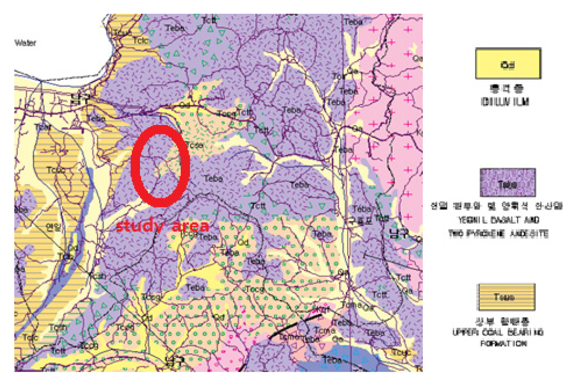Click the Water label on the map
click(25, 42)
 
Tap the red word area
click(188, 226)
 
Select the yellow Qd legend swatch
click(507, 63)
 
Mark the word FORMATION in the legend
click(506, 344)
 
